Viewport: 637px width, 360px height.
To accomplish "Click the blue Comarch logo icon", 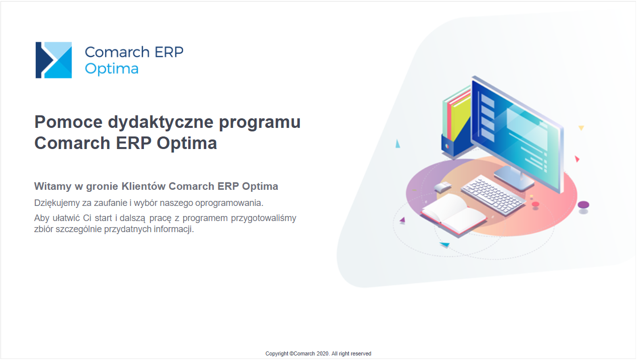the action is coord(54,60).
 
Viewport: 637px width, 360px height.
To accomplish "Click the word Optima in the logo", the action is coord(112,69).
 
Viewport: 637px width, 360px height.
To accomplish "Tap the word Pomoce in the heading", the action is coord(68,122).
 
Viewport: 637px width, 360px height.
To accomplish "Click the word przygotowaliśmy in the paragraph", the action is coord(264,219).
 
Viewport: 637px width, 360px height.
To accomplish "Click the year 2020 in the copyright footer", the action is coord(323,353).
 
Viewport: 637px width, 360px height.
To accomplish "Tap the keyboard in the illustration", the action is coord(493,195).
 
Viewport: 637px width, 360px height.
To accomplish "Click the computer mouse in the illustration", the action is coord(443,187).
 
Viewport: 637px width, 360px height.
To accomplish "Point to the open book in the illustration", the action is coord(453,214).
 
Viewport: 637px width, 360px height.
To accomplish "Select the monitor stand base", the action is coord(514,178).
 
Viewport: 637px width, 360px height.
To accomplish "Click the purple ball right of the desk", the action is coord(583,204).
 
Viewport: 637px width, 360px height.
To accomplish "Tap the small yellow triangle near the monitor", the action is coord(581,128).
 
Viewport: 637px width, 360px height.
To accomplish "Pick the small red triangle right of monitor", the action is coord(577,159).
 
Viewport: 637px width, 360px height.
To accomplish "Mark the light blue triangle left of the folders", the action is coord(397,143).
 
